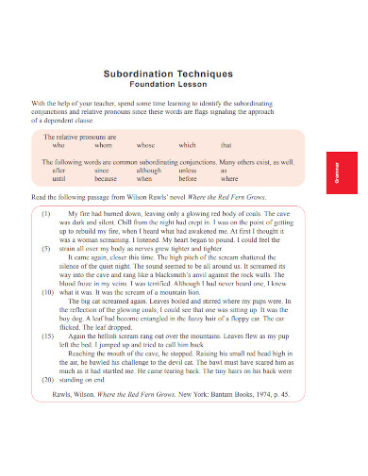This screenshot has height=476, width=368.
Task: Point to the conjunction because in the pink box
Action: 106,177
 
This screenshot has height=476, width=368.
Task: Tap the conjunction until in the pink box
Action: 59,177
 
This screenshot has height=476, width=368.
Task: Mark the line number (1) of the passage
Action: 45,214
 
